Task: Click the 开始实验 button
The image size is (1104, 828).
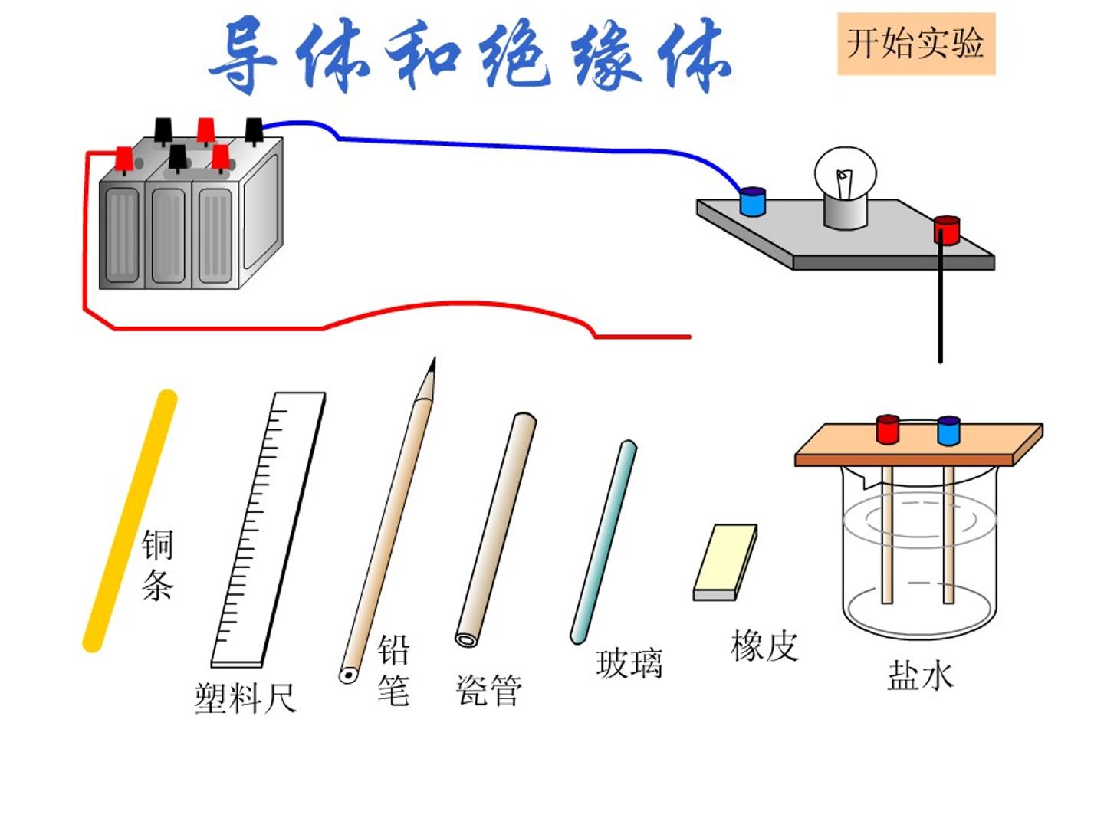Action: click(x=916, y=44)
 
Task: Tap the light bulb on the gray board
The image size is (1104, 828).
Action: click(x=846, y=187)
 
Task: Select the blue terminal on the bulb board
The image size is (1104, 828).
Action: click(x=752, y=202)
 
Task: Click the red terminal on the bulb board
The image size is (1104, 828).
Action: click(x=947, y=230)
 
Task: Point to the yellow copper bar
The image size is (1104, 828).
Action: click(x=130, y=521)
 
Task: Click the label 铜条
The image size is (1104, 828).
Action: click(x=157, y=565)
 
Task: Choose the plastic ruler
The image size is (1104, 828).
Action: click(x=268, y=530)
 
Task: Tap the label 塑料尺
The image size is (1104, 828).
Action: click(x=245, y=698)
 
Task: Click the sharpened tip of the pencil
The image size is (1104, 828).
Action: click(x=434, y=358)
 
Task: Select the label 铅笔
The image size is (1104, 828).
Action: click(x=393, y=669)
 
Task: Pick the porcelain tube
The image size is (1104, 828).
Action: click(x=496, y=529)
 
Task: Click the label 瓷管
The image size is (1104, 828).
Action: click(x=489, y=690)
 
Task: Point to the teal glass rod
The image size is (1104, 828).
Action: click(x=603, y=542)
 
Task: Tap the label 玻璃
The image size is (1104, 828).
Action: click(x=629, y=664)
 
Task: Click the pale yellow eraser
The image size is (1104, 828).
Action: click(x=725, y=562)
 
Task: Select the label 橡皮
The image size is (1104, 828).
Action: click(x=764, y=646)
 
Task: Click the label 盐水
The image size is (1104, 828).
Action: click(x=921, y=675)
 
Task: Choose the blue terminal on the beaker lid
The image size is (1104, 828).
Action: click(x=948, y=431)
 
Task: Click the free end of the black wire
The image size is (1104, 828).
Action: click(x=941, y=361)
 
